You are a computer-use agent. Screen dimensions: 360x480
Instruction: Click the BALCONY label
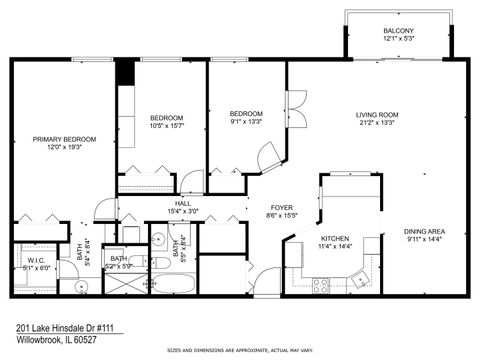pos(397,32)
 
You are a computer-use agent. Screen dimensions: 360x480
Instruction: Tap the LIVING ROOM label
pos(377,115)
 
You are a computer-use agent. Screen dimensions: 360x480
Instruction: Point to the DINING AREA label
pos(425,230)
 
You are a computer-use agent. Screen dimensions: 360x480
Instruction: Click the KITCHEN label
pos(334,239)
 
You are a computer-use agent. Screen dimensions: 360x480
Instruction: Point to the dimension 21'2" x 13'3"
pos(377,124)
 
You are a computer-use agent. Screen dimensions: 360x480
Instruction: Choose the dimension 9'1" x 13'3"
pos(246,122)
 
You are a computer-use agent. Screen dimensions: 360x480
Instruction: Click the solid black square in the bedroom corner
pos(125,72)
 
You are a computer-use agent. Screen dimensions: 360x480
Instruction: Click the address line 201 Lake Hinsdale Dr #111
pos(61,327)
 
